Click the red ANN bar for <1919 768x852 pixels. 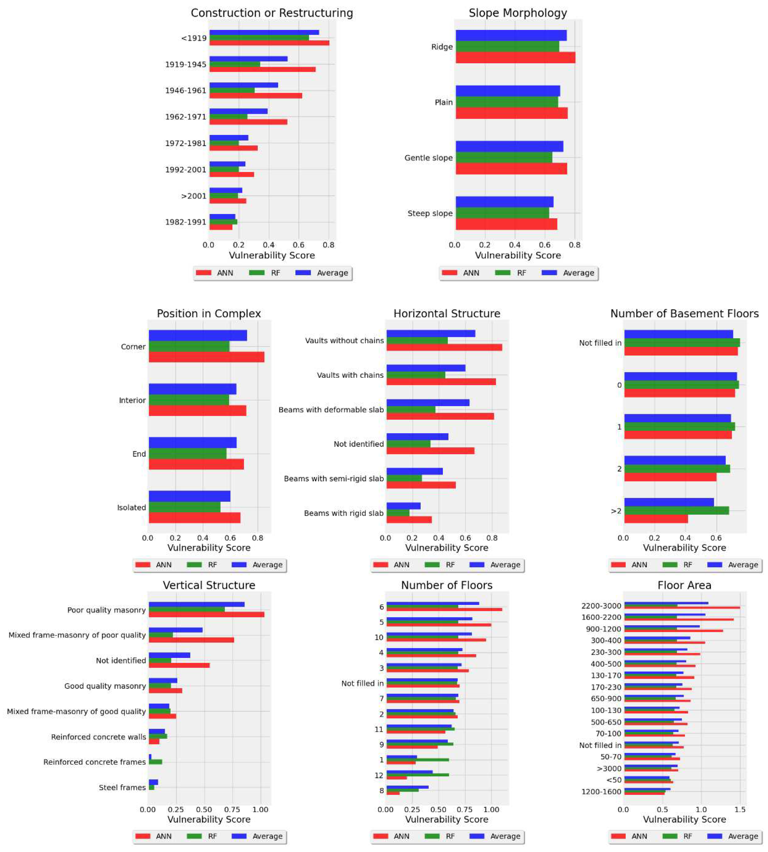coord(269,43)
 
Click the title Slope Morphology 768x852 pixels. coord(518,13)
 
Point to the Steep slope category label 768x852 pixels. coord(430,214)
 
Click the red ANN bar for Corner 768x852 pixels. coord(206,357)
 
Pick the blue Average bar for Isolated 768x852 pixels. coord(190,496)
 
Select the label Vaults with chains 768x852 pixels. coord(350,375)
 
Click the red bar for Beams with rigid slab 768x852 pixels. coord(409,519)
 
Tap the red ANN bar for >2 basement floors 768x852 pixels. coord(656,519)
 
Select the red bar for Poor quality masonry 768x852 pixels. coord(206,614)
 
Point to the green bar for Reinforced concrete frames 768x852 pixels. coord(155,762)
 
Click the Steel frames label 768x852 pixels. coord(122,787)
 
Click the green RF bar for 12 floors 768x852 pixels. coord(417,775)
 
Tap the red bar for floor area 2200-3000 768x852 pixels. coord(682,608)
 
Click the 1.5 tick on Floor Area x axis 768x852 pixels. coord(740,810)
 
